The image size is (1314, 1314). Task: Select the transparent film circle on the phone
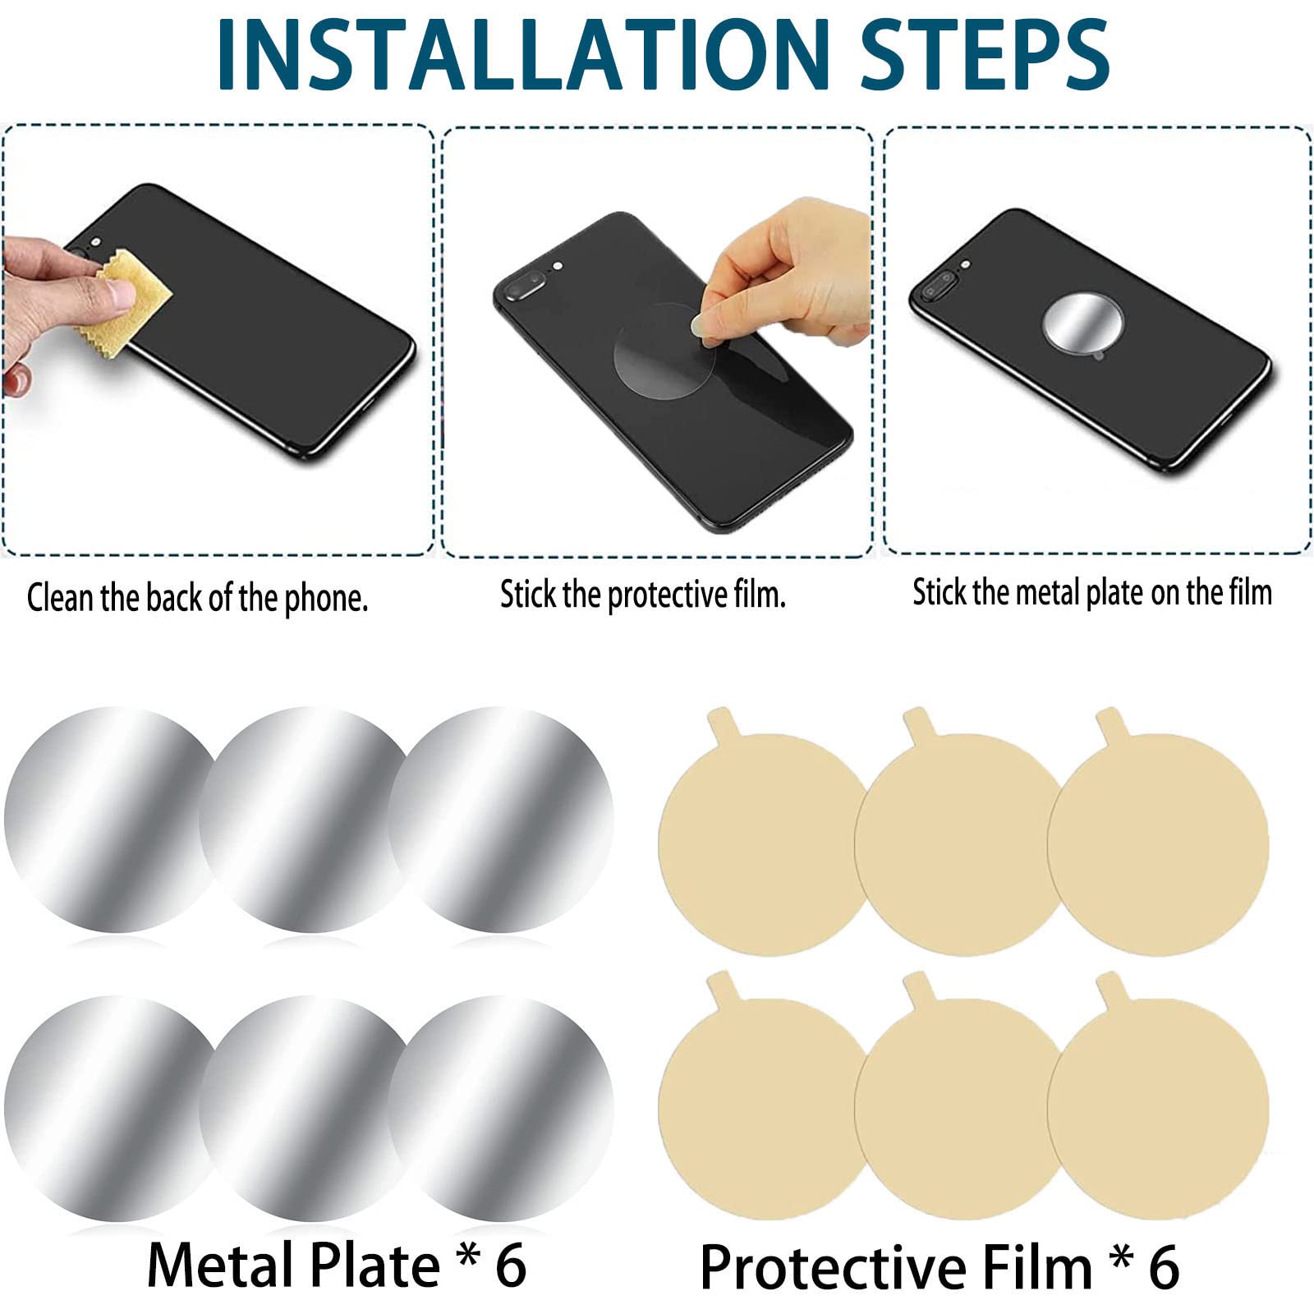(x=665, y=351)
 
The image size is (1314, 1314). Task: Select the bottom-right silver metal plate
(x=500, y=1109)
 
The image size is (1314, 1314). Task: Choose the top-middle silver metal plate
(x=310, y=820)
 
